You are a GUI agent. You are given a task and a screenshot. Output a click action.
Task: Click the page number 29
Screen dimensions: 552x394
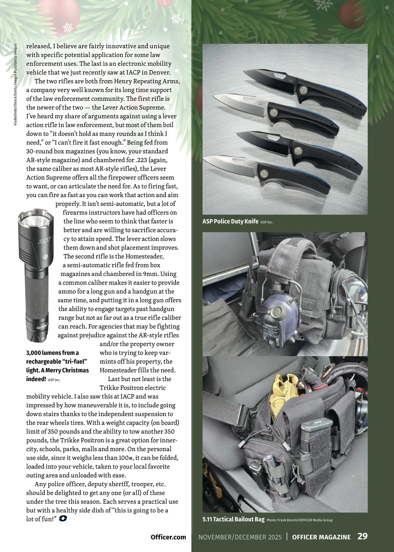tap(362, 537)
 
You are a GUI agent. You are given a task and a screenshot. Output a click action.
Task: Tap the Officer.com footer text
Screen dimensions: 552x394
tap(168, 537)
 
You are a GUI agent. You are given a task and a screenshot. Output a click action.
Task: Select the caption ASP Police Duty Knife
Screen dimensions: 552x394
tap(230, 221)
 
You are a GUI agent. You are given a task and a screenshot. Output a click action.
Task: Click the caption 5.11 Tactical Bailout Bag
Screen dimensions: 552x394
tap(233, 519)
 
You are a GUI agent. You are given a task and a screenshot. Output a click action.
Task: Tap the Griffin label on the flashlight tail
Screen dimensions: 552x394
tap(42, 328)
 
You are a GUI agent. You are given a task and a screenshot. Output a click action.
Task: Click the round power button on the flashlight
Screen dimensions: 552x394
tap(45, 256)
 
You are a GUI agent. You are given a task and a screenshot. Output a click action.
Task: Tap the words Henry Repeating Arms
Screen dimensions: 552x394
tap(147, 81)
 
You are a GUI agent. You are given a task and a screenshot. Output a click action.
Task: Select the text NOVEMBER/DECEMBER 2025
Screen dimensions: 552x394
tap(240, 537)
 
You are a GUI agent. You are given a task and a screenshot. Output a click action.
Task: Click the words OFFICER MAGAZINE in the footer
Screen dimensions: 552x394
tap(321, 537)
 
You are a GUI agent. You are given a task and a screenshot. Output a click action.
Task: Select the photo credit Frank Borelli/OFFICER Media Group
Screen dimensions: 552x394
tap(299, 520)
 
